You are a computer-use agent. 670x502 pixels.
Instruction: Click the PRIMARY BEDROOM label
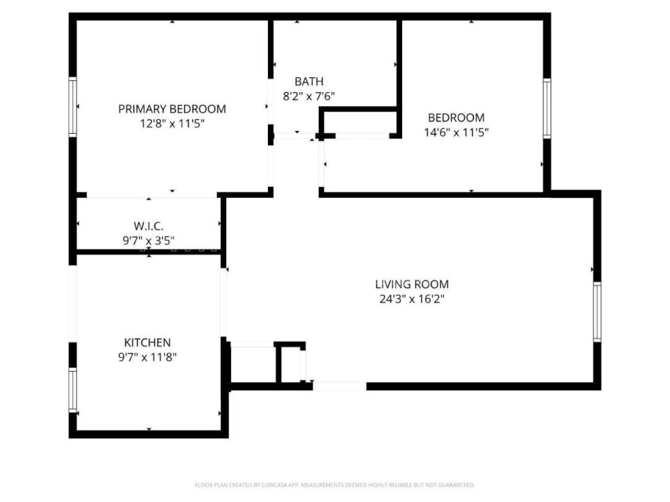coord(172,109)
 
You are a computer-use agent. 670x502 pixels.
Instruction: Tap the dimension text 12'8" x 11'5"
coord(172,123)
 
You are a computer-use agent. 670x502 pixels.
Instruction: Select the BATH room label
coord(308,82)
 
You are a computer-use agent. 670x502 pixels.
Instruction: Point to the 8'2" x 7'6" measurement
coord(308,97)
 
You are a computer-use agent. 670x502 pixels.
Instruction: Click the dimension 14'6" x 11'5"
coord(456,132)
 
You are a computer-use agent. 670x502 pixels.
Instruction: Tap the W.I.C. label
coord(148,227)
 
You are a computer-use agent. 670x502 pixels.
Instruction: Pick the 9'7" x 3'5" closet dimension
coord(148,241)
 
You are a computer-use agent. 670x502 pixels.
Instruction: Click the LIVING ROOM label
coord(412,284)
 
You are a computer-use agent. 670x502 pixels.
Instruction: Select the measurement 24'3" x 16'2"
coord(412,299)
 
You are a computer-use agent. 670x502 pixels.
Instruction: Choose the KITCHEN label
coord(147,342)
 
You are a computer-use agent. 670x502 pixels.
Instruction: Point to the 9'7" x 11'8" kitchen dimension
coord(147,357)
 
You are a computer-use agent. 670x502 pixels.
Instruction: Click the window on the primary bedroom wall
coord(72,106)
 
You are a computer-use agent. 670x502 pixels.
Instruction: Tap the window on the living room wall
coord(597,311)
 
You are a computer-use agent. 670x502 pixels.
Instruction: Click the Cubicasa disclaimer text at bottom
coord(334,485)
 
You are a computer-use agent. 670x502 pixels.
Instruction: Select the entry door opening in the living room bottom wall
coord(339,386)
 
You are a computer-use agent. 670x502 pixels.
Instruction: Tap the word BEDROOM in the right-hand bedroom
coord(456,118)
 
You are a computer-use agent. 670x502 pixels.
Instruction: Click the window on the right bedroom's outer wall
coord(547,109)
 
